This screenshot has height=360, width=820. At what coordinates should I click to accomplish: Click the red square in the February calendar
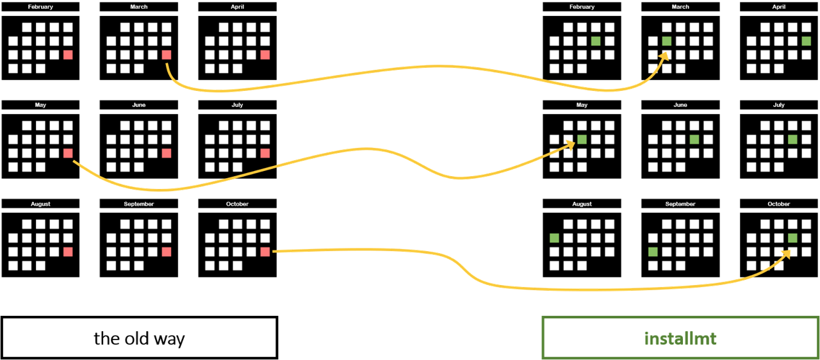click(x=68, y=55)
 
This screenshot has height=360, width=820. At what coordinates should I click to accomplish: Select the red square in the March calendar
click(x=167, y=55)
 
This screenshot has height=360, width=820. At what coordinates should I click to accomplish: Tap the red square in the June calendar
click(x=167, y=153)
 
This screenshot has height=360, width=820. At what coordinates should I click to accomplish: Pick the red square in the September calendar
click(x=167, y=252)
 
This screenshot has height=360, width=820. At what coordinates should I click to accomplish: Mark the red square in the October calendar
click(x=265, y=252)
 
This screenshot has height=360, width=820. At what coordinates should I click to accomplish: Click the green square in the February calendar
click(x=596, y=41)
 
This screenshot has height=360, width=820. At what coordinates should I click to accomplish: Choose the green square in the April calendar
click(x=807, y=41)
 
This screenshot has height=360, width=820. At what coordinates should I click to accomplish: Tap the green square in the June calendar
click(x=694, y=139)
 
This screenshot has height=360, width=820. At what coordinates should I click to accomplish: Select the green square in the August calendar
click(x=554, y=238)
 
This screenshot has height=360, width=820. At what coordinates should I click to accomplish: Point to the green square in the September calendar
click(x=653, y=252)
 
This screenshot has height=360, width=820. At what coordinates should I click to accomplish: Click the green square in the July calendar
click(x=792, y=139)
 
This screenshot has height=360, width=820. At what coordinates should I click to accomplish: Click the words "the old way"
click(x=139, y=338)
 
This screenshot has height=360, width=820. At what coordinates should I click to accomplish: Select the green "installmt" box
click(x=680, y=338)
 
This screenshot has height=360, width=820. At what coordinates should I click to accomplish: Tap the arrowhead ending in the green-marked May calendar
click(x=571, y=146)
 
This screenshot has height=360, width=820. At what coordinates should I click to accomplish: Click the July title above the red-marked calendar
click(x=238, y=105)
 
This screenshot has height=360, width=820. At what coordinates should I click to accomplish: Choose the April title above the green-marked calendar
click(x=778, y=7)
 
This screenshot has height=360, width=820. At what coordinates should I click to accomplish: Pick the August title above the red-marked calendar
click(x=40, y=204)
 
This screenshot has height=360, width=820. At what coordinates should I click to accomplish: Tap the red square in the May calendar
click(x=68, y=153)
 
